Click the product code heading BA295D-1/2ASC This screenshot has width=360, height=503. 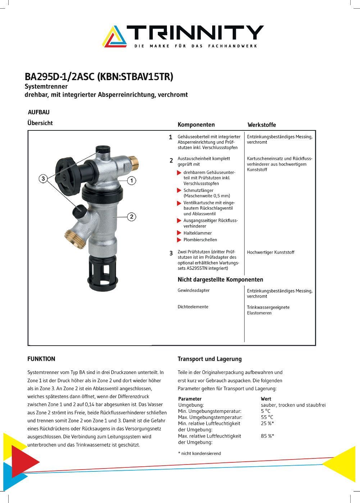tap(60, 77)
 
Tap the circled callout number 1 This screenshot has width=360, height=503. tap(132, 180)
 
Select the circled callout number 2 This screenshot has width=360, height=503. tap(132, 217)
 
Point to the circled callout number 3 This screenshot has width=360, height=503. tap(43, 179)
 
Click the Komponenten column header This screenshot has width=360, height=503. tap(196, 125)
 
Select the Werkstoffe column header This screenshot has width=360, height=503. tap(261, 125)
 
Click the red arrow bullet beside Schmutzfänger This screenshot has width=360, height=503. tap(179, 190)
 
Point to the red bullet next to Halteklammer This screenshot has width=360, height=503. tap(179, 233)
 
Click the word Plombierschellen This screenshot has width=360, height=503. tap(200, 240)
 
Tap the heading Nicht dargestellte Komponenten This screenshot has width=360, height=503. tap(220, 280)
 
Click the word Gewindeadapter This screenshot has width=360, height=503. tap(193, 290)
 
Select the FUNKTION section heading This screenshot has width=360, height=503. tap(41, 359)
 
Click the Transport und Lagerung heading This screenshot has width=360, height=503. tap(209, 359)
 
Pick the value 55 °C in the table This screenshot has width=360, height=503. tap(267, 417)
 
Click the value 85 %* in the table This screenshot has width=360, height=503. tap(267, 436)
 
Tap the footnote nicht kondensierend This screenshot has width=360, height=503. tap(200, 453)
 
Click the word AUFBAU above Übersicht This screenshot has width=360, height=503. tap(38, 112)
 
